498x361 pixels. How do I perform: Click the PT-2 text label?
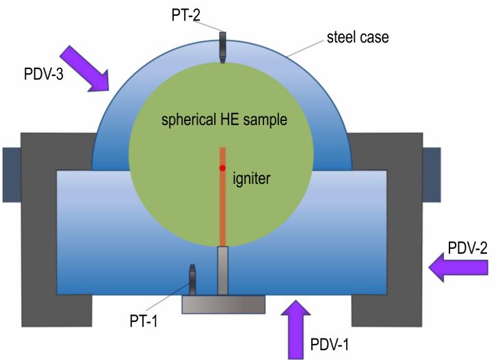tap(186, 15)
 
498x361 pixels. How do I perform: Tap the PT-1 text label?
tap(144, 321)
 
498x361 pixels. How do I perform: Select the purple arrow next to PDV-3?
tap(84, 69)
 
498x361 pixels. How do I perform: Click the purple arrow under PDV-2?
tap(458, 267)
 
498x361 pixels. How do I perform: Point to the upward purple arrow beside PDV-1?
tap(296, 330)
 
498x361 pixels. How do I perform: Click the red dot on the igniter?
tap(222, 168)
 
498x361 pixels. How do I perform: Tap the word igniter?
tap(252, 178)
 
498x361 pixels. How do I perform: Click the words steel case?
tap(358, 37)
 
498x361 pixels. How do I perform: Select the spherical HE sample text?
tap(224, 120)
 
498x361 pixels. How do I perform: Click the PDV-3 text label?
tap(44, 74)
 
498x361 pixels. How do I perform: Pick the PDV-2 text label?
tap(467, 248)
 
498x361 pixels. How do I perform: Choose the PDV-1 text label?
tap(329, 344)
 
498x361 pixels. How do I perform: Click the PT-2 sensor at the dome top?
tap(222, 47)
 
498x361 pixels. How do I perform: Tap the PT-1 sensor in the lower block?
tap(192, 280)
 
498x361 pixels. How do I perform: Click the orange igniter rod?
tap(222, 197)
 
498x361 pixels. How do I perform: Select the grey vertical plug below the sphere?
tap(222, 271)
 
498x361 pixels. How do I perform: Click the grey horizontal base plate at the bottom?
tap(223, 304)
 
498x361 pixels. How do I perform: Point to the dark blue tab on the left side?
tap(12, 174)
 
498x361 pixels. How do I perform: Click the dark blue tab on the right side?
tap(432, 174)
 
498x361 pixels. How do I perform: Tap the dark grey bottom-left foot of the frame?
tap(57, 310)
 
